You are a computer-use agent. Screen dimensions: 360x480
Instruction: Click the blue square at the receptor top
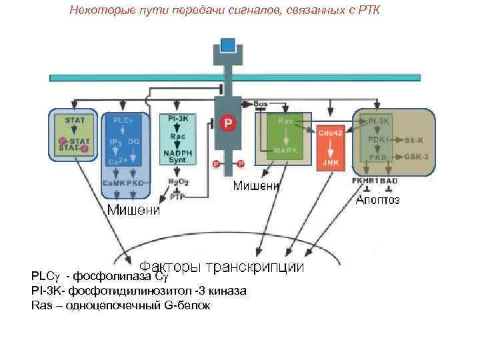click(229, 45)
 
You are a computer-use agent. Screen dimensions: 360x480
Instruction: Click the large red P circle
click(229, 123)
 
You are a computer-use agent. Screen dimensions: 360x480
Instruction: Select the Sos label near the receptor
click(261, 104)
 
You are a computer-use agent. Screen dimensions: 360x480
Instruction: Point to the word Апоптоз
click(377, 200)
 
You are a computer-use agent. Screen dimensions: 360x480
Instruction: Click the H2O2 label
click(177, 181)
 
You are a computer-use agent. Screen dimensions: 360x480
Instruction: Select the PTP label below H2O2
click(177, 197)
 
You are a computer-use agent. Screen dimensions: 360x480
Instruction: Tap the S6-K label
click(413, 141)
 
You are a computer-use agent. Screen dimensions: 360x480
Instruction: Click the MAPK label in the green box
click(286, 151)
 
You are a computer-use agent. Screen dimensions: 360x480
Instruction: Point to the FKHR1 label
click(366, 181)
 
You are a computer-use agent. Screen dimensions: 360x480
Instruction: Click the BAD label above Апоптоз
click(390, 181)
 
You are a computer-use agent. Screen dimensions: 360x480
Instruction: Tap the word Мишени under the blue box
click(134, 211)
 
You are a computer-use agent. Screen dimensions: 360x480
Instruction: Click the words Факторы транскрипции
click(221, 267)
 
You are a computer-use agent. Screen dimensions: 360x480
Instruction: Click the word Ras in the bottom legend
click(41, 305)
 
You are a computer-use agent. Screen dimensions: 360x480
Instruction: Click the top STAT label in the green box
click(73, 120)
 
